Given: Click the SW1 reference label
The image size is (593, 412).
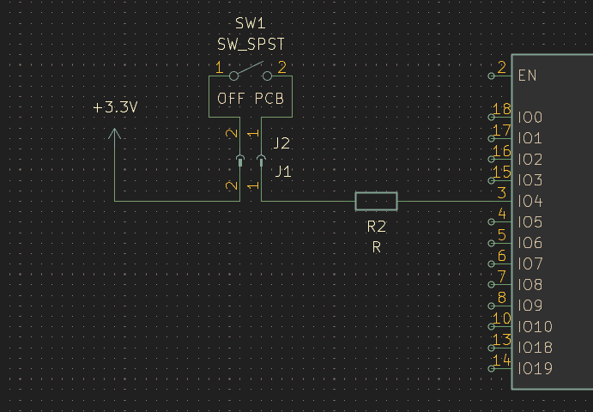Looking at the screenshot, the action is coord(251,23).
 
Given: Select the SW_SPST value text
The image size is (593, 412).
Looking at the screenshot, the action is coord(251,45).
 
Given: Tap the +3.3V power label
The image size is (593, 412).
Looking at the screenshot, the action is coord(115,107).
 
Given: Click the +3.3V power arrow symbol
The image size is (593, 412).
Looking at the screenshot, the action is coord(115,133).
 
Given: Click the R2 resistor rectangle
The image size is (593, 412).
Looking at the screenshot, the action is coord(376,201).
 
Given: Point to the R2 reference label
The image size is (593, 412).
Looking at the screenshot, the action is coord(376,227).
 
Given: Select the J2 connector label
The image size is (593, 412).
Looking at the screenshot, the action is coord(281,143).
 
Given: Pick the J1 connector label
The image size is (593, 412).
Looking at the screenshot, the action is coord(283,172).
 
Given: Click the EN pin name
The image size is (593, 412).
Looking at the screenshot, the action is coord(527,76).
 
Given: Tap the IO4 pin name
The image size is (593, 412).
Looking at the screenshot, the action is coord(530,201).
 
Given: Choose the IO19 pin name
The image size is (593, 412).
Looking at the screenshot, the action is coord(536,368).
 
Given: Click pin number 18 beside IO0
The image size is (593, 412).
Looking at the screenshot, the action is coord(502,109).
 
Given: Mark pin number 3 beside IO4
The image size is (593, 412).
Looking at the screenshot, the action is coord(502,193).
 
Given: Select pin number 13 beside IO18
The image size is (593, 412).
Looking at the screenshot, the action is coord(502,340).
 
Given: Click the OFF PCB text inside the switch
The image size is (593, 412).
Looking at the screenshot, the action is coord(251,99).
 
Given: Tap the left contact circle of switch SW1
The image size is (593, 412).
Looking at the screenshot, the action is coord(233,76).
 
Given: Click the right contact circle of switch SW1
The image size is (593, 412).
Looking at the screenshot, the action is coord(267,76).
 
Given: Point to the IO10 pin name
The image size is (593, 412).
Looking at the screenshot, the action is coord(536,326).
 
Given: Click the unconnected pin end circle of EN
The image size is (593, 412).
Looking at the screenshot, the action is coord(491,76).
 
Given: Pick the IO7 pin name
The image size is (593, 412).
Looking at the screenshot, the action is coord(530,264).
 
